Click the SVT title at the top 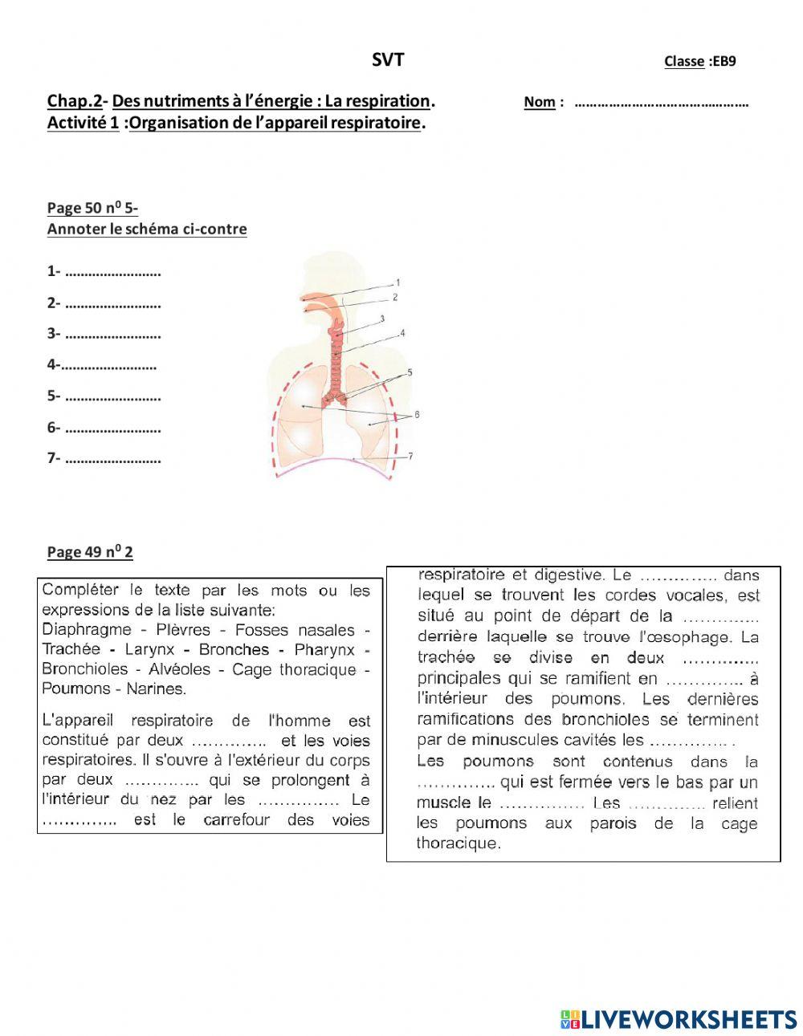(388, 60)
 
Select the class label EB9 (723, 61)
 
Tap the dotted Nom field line (662, 103)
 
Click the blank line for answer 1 (112, 273)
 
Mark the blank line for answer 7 (112, 460)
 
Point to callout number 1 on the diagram (397, 282)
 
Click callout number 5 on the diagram (410, 372)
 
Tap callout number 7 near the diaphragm (410, 456)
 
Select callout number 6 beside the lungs (417, 415)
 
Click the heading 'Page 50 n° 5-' (92, 208)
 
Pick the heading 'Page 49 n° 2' (90, 551)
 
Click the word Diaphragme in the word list (92, 630)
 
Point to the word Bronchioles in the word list (84, 669)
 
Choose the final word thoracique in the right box (458, 843)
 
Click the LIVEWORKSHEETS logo (679, 1019)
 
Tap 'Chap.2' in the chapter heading (75, 101)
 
